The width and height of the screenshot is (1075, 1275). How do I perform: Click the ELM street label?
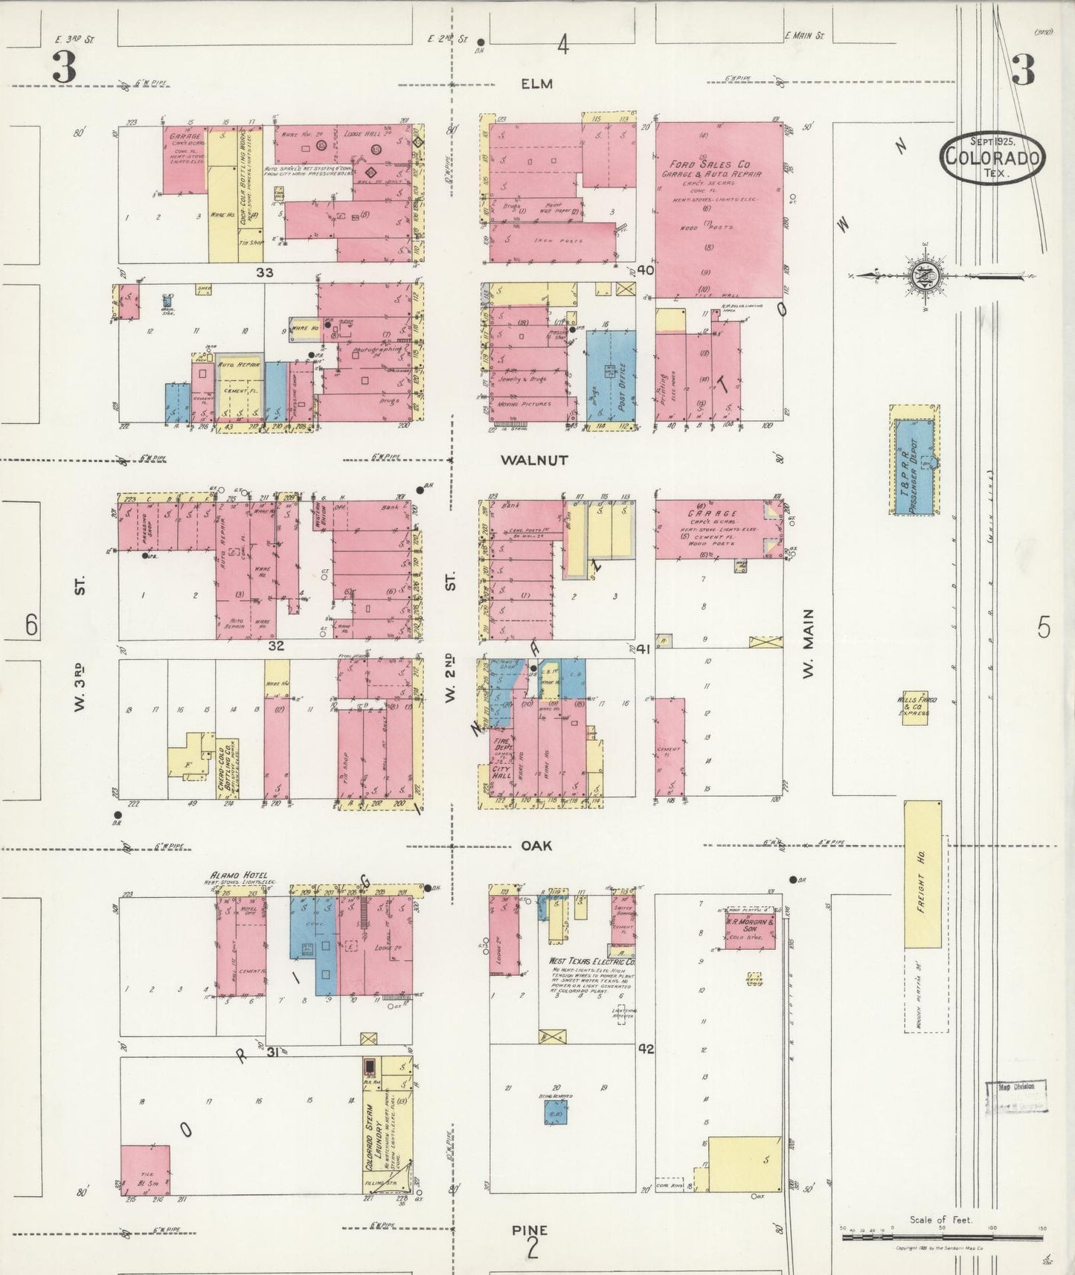pyautogui.click(x=536, y=84)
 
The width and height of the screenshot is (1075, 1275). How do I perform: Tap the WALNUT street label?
pyautogui.click(x=534, y=460)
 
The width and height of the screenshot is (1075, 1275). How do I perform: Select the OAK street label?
pyautogui.click(x=536, y=846)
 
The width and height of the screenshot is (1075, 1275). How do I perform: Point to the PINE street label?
pyautogui.click(x=530, y=1230)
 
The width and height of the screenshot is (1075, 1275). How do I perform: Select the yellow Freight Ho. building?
pyautogui.click(x=922, y=874)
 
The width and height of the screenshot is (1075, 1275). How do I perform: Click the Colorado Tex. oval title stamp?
pyautogui.click(x=992, y=156)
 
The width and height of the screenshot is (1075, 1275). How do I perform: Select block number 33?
pyautogui.click(x=264, y=272)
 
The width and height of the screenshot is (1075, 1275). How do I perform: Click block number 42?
pyautogui.click(x=645, y=1049)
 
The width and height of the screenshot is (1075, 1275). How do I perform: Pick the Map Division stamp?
pyautogui.click(x=1016, y=1097)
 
